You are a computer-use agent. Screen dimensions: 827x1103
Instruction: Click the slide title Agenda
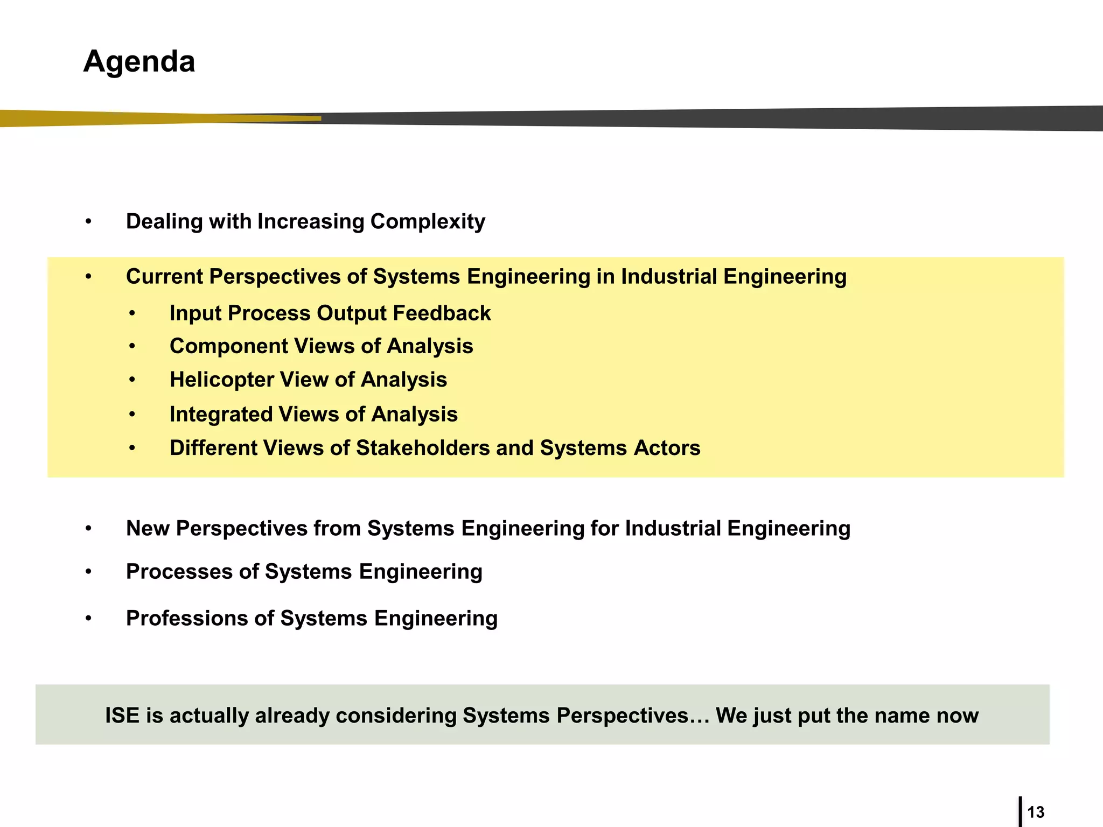click(x=139, y=61)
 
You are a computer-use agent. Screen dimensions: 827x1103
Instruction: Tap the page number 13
click(x=1036, y=812)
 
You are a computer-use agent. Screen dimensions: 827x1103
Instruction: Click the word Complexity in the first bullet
click(x=428, y=222)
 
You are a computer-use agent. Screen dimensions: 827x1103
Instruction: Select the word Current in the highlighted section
click(x=164, y=277)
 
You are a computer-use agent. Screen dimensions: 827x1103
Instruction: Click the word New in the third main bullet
click(x=148, y=529)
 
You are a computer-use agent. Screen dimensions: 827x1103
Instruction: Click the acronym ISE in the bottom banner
click(x=122, y=716)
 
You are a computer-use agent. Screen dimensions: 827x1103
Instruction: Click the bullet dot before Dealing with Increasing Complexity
click(x=88, y=222)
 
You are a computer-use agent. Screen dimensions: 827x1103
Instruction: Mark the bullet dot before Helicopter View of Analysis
click(x=132, y=380)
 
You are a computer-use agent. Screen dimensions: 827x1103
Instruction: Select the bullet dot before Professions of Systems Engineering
click(x=88, y=619)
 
